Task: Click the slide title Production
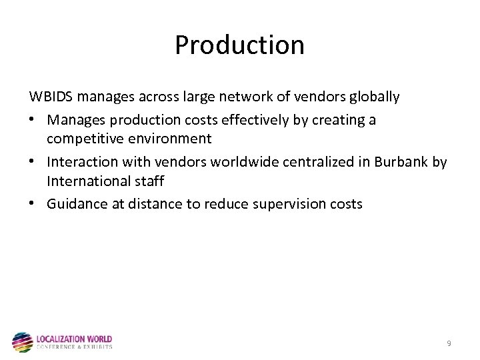pyautogui.click(x=239, y=45)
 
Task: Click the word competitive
pyautogui.click(x=83, y=139)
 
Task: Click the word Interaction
pyautogui.click(x=79, y=162)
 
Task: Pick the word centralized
pyautogui.click(x=294, y=162)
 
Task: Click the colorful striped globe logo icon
pyautogui.click(x=22, y=342)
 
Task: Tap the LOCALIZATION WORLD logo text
pyautogui.click(x=74, y=339)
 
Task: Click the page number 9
pyautogui.click(x=449, y=343)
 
